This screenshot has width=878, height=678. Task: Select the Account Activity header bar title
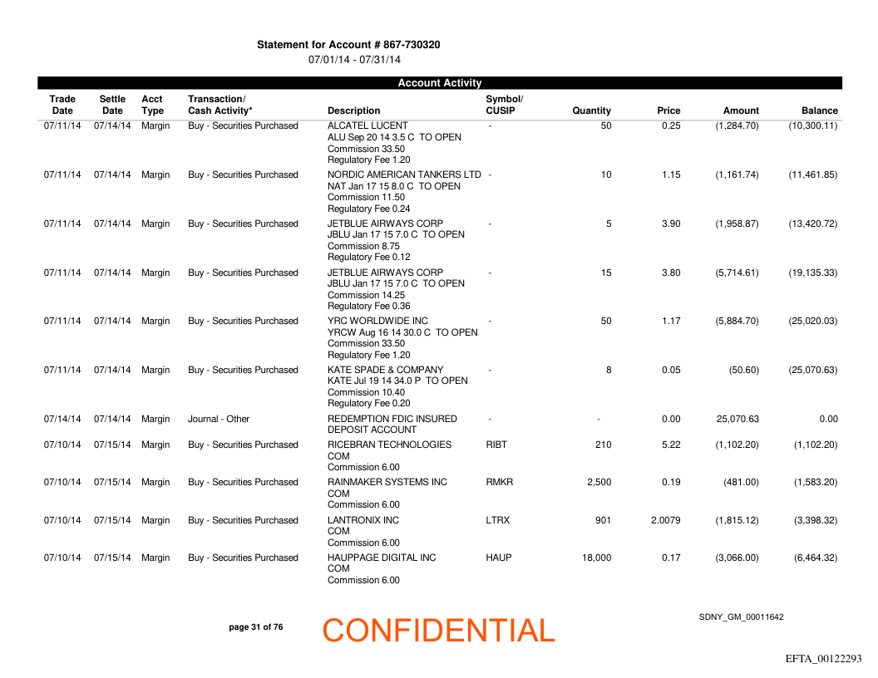(x=439, y=83)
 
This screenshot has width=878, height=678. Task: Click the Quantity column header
(x=591, y=111)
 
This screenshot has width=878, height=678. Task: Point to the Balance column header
(x=819, y=111)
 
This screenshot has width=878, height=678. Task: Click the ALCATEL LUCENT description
(x=356, y=126)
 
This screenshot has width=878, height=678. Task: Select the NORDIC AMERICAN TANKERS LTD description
(x=404, y=175)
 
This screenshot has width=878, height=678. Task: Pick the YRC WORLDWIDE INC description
(x=377, y=322)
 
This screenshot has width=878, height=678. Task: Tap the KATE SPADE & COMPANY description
(x=385, y=371)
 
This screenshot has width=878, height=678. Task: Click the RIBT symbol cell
(x=496, y=445)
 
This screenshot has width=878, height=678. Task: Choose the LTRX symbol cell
(x=497, y=521)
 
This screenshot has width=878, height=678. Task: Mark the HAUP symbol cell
(x=498, y=558)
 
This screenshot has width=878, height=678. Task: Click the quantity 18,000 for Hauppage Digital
(x=596, y=558)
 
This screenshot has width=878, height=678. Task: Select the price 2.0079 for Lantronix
(x=665, y=521)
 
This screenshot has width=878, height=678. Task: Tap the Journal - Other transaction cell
(x=219, y=420)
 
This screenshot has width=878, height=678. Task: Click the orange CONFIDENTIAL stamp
(x=438, y=631)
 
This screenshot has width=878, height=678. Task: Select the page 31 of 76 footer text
(x=255, y=627)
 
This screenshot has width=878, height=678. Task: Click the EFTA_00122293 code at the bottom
(x=823, y=659)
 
